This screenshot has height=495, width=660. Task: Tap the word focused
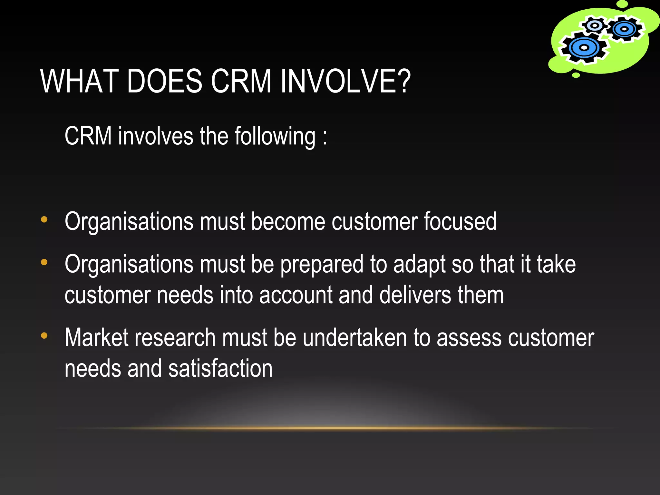click(x=460, y=222)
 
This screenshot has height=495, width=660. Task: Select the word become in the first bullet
click(x=288, y=222)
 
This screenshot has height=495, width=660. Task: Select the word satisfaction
click(x=220, y=369)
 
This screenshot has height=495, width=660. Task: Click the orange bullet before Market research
click(x=44, y=336)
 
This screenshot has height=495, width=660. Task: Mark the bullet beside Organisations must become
click(x=44, y=220)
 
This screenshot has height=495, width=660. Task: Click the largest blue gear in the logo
click(x=584, y=48)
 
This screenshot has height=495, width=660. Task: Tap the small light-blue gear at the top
click(x=595, y=25)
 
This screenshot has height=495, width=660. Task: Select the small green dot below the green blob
click(x=576, y=75)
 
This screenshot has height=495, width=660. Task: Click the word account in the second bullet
click(x=296, y=295)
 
